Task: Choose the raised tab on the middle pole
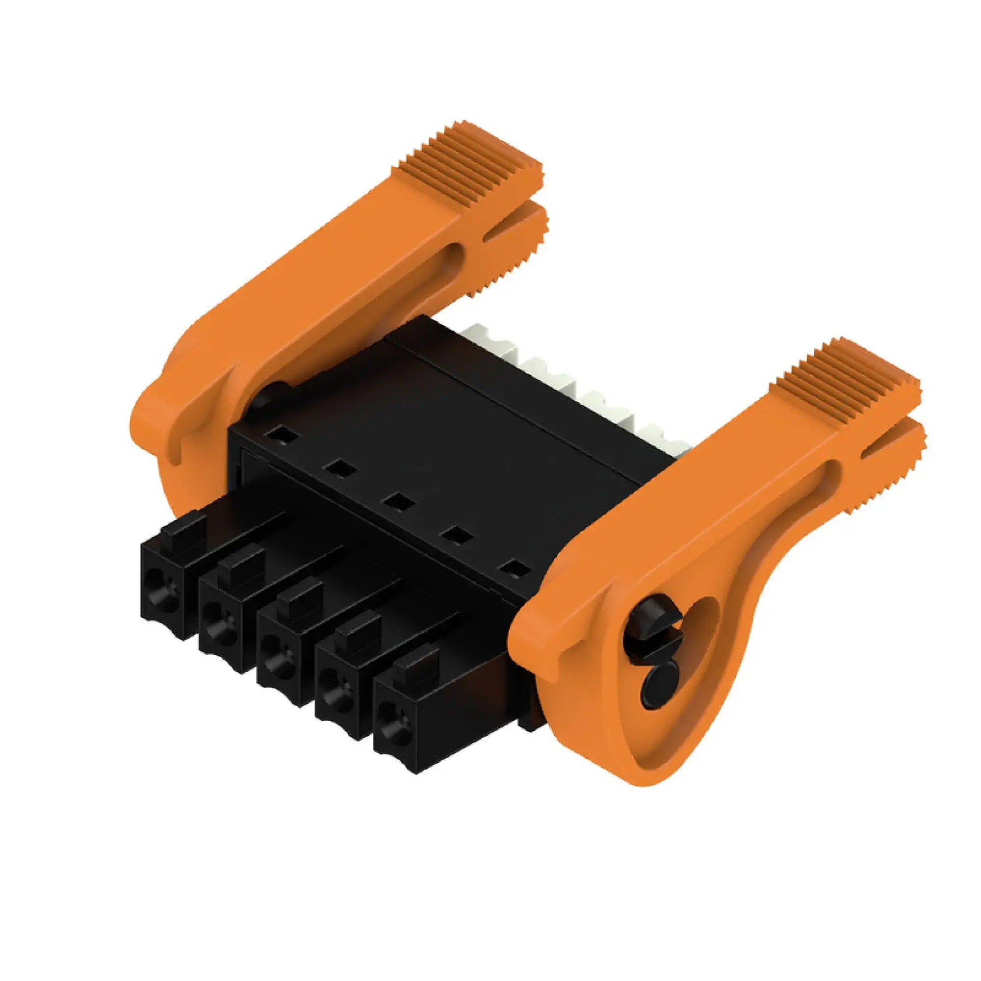[301, 595]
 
